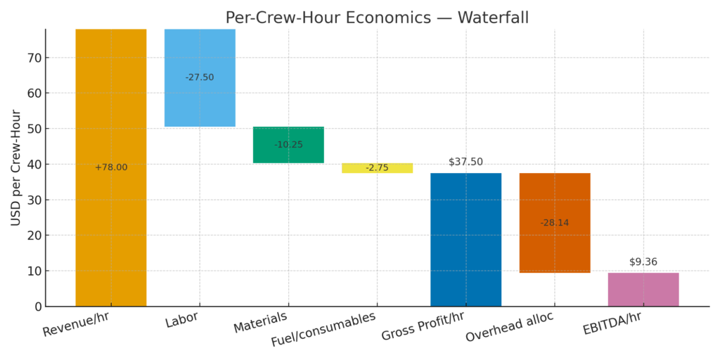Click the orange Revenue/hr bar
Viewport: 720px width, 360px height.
(111, 211)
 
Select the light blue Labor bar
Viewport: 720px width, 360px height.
(200, 98)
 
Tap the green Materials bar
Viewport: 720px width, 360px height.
(288, 155)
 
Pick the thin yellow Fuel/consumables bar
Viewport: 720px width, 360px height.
(377, 168)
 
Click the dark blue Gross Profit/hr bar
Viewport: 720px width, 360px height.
(465, 239)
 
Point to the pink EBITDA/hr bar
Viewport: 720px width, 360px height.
(643, 289)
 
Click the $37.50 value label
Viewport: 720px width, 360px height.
(465, 162)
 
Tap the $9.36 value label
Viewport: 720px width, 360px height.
(643, 262)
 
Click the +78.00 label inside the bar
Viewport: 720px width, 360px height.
(111, 167)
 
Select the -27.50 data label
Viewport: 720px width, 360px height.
(200, 77)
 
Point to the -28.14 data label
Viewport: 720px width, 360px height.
(555, 223)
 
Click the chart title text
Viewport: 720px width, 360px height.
(377, 18)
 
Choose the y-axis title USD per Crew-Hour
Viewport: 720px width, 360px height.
(16, 167)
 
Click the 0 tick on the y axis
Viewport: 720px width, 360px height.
(37, 307)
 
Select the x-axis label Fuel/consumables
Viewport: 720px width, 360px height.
(323, 329)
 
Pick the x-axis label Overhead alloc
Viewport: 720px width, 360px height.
(509, 327)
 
